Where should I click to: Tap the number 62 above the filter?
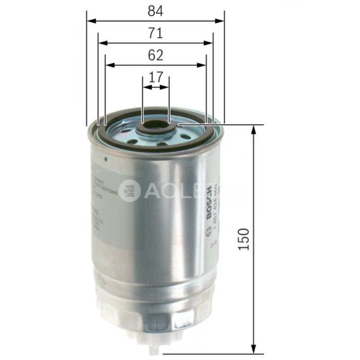155,55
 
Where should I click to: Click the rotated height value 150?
243,239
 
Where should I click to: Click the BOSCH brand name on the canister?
208,203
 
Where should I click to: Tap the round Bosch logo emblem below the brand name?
208,233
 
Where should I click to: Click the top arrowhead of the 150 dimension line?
254,129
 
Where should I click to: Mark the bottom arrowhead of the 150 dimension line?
254,350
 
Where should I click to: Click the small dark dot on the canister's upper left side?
105,159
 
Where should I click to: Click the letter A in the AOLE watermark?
151,191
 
